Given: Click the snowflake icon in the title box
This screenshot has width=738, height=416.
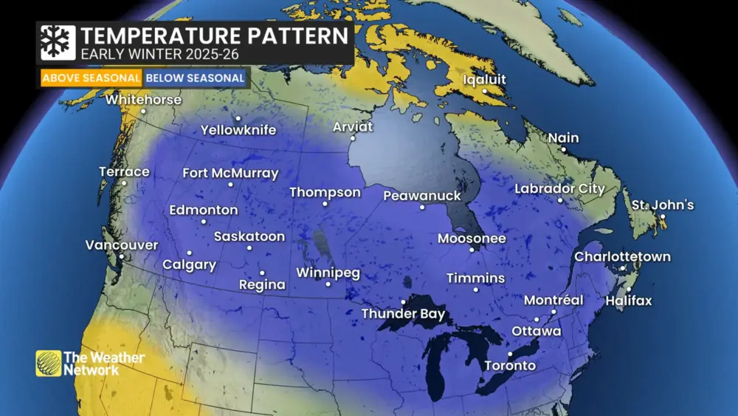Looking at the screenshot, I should [x=58, y=43].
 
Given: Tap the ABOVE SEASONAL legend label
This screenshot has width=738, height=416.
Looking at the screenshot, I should [x=91, y=78].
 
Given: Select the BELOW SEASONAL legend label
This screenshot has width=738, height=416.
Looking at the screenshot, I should [x=195, y=78].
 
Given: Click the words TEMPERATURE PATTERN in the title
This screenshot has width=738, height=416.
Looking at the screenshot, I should [x=214, y=35].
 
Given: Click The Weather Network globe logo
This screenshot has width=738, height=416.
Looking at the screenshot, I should [x=48, y=363].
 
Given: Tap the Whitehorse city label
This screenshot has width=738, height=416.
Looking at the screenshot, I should [x=142, y=99].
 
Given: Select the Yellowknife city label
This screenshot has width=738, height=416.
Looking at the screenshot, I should [x=238, y=130].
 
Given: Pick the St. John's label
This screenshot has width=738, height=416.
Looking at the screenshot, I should [x=662, y=205].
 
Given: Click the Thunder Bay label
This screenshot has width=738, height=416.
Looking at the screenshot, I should [x=403, y=314].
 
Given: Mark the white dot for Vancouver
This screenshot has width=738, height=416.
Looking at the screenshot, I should [x=122, y=256].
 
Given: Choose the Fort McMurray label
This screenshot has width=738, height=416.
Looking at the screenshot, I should [x=230, y=174].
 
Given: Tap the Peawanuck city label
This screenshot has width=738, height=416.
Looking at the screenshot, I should [x=421, y=196].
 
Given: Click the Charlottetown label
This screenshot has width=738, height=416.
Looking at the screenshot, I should [x=622, y=257].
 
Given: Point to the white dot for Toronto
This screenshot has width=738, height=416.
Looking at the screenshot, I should [x=510, y=353].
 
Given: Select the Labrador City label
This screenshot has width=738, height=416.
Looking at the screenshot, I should [x=559, y=189].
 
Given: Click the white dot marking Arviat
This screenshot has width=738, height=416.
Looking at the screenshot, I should [x=353, y=138].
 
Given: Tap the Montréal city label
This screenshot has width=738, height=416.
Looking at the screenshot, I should [x=553, y=301].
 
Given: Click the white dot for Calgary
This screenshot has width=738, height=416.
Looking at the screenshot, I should [x=189, y=253].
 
